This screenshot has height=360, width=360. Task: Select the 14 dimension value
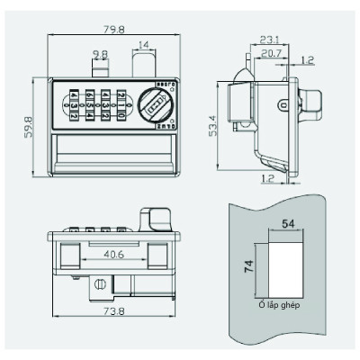click(x=146, y=43)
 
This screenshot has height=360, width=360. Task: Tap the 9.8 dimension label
click(x=99, y=55)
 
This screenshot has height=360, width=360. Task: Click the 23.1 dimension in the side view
click(x=268, y=40)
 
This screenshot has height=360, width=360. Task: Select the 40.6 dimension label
click(x=113, y=254)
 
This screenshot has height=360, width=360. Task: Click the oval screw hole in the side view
click(x=285, y=105)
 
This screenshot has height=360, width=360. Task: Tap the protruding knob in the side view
click(x=310, y=103)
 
